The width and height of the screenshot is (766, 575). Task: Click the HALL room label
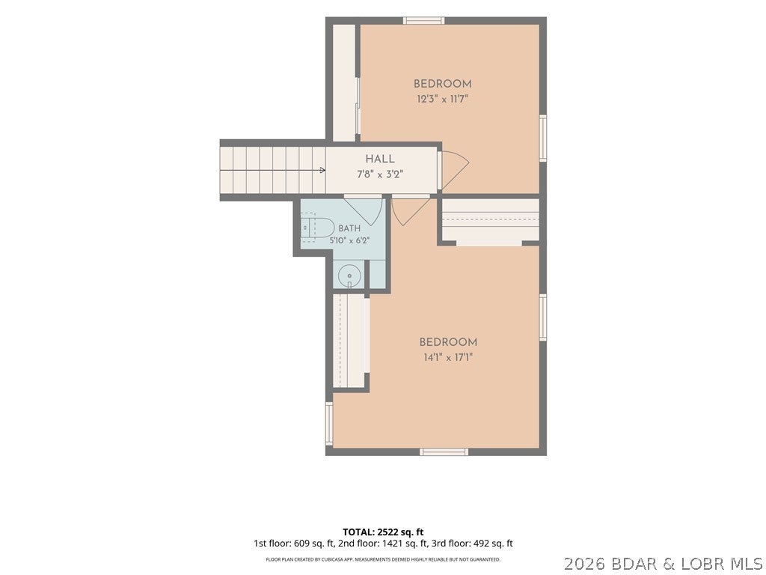point(380,159)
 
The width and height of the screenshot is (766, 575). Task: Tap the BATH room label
point(349,228)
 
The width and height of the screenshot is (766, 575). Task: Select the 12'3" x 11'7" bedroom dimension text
point(443,99)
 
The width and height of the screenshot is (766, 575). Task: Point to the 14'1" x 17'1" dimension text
point(448,357)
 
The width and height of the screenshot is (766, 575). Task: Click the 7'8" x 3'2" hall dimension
point(380,174)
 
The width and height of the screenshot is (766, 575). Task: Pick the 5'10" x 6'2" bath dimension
point(349,240)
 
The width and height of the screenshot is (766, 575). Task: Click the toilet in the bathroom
point(316,228)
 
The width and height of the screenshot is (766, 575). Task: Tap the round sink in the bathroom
point(349,276)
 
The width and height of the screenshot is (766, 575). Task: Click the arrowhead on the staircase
point(322,170)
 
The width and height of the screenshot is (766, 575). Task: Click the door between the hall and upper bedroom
point(454,170)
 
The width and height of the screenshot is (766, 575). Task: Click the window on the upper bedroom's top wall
point(423,20)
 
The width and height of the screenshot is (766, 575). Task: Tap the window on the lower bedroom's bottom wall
point(444,451)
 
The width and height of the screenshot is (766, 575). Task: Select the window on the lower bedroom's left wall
point(329,424)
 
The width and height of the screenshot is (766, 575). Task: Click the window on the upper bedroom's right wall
point(543,138)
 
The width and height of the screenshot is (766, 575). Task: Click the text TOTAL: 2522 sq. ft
point(383,532)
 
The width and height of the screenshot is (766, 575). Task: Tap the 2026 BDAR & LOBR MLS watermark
point(664,564)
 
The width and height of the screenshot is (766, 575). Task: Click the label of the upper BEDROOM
point(443,84)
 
